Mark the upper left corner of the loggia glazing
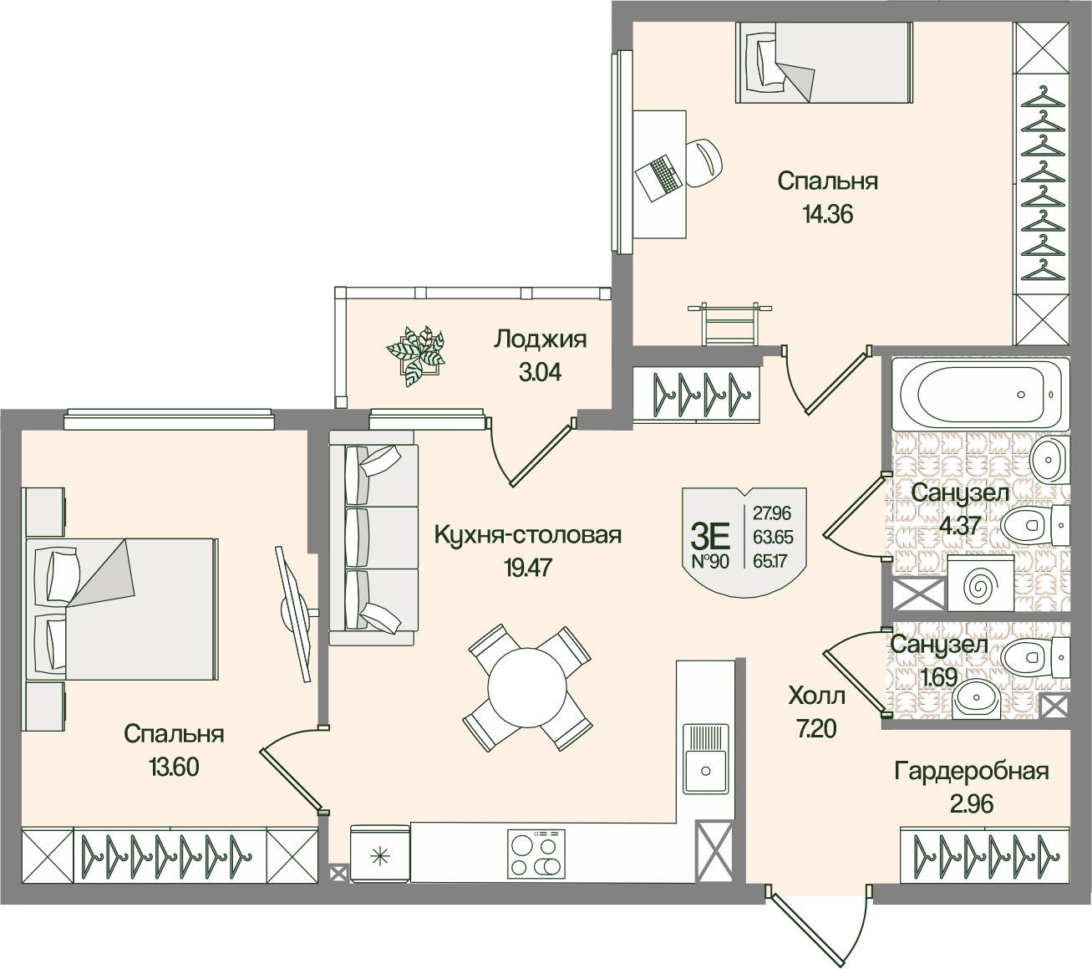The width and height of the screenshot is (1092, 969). [335, 287]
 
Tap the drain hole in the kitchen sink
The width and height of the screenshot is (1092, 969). [706, 772]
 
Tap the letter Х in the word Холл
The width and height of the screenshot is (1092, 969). [796, 696]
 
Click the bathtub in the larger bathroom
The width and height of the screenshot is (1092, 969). [980, 394]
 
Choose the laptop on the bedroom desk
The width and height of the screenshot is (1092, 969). [658, 177]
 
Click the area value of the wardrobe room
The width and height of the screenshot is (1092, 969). [971, 805]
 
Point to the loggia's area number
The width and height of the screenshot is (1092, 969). [540, 372]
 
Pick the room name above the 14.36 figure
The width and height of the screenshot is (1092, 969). [828, 181]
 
